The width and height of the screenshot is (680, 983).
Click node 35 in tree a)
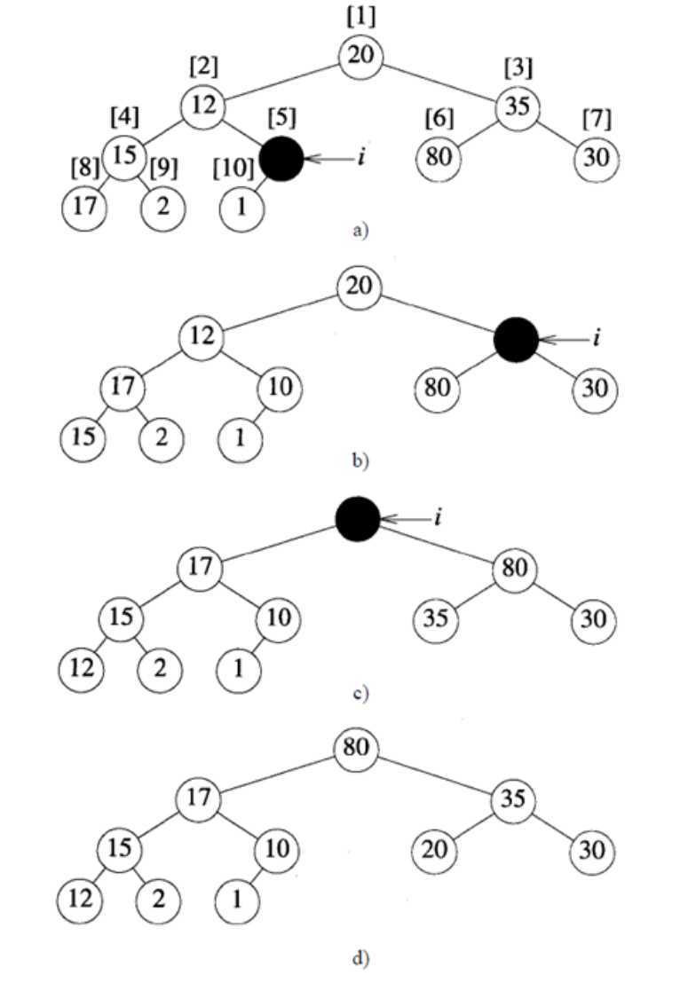(517, 106)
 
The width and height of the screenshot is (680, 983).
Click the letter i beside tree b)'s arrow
(598, 338)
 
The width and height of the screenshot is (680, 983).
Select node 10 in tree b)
(279, 389)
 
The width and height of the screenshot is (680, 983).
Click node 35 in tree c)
(435, 618)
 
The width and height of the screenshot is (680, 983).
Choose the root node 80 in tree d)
(357, 749)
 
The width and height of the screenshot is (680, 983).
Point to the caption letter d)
(359, 958)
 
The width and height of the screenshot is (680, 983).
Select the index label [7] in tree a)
(594, 118)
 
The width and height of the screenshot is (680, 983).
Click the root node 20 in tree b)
(360, 287)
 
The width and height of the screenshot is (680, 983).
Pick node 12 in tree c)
(82, 668)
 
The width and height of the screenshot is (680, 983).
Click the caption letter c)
(359, 693)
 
